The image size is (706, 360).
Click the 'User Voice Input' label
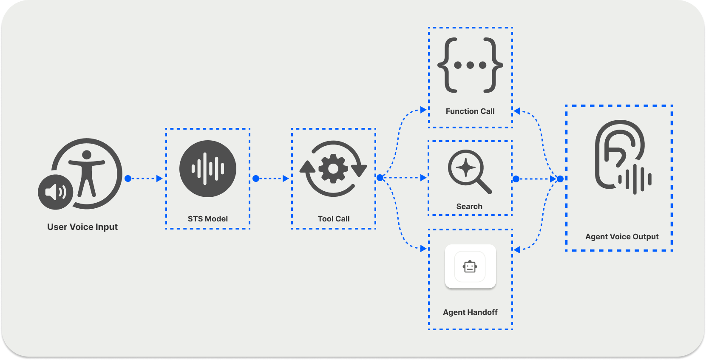(x=82, y=227)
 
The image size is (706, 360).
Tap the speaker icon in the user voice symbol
(x=56, y=192)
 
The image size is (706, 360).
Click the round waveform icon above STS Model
(x=208, y=169)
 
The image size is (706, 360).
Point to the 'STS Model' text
(x=208, y=219)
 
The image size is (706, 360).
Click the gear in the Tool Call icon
(x=333, y=169)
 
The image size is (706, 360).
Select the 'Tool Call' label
(x=334, y=219)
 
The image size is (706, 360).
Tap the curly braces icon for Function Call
(x=470, y=65)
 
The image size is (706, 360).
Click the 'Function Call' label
(x=470, y=111)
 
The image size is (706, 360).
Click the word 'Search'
(x=469, y=207)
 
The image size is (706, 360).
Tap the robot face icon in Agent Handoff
(x=470, y=266)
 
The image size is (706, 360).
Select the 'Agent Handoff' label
(x=470, y=312)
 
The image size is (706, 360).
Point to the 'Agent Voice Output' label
(x=622, y=237)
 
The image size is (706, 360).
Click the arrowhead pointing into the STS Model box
(x=159, y=179)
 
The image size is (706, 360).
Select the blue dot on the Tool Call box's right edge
(x=380, y=178)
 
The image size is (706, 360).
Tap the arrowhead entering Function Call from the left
(x=423, y=110)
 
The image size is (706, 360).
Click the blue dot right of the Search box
(x=516, y=179)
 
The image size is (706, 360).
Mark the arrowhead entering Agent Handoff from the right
(x=517, y=250)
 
